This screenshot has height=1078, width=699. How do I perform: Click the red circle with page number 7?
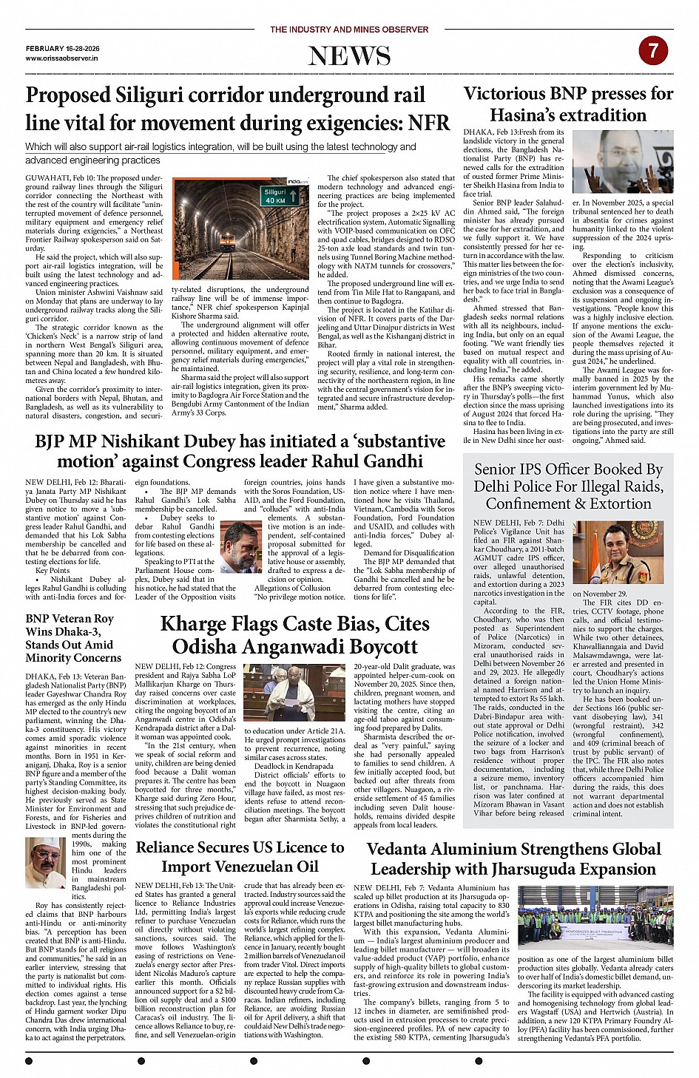tap(653, 51)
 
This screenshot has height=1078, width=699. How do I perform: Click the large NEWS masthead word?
tap(349, 56)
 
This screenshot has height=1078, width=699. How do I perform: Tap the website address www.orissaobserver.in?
tap(61, 58)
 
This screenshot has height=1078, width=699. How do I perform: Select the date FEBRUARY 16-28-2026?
tap(62, 48)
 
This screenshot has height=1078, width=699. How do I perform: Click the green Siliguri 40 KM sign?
tap(280, 196)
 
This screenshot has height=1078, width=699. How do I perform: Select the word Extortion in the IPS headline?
tap(615, 504)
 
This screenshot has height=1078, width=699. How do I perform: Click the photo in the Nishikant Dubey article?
tap(241, 547)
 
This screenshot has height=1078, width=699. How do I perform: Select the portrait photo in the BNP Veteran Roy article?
tap(45, 863)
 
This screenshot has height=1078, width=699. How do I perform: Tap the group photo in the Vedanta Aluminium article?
tap(595, 918)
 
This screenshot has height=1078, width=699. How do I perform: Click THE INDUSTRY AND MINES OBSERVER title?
tap(349, 30)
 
